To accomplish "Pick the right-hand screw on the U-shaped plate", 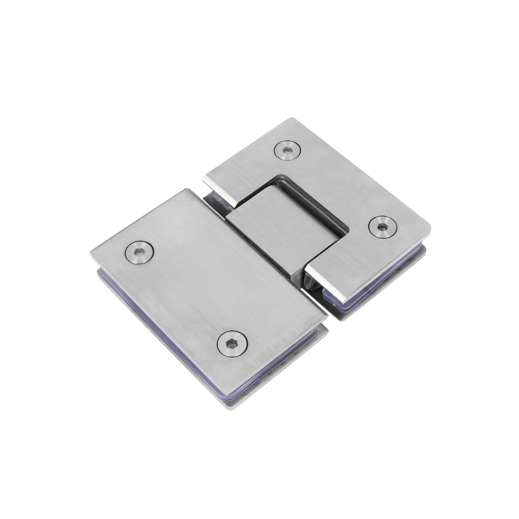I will click(x=382, y=227).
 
